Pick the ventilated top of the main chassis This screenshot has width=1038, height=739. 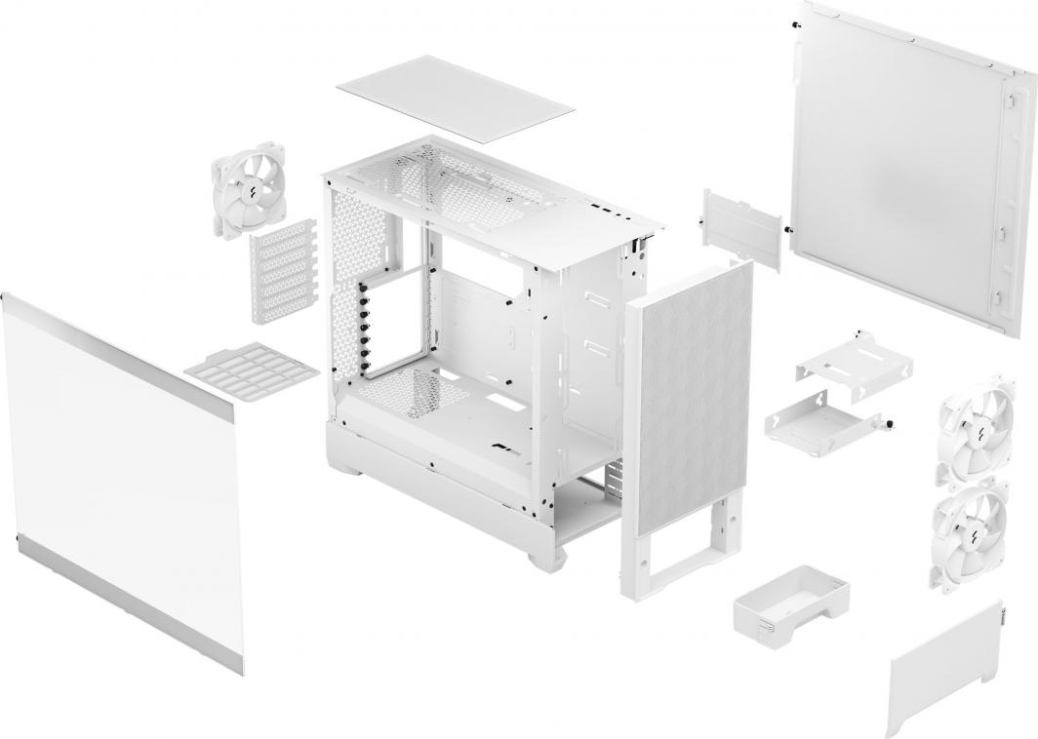coord(488,190)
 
